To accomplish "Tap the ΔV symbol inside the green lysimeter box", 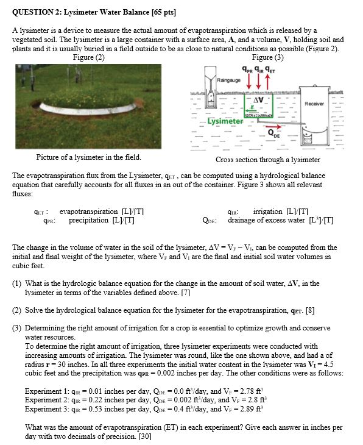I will click(259, 99).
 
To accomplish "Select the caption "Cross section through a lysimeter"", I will click(267, 160).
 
